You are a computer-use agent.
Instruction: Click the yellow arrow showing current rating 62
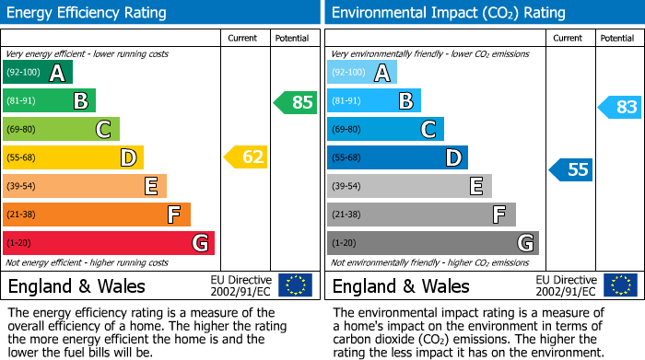(x=246, y=157)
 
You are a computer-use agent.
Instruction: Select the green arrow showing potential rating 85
(x=295, y=102)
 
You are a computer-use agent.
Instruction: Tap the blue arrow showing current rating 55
(x=570, y=169)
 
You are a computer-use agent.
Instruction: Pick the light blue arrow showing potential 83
(x=619, y=108)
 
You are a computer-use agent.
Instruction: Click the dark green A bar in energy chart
(x=37, y=73)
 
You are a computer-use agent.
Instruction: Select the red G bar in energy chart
(x=108, y=243)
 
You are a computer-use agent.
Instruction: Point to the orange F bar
(x=96, y=215)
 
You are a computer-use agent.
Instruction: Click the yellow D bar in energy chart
(x=73, y=157)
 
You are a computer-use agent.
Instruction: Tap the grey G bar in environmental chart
(x=432, y=243)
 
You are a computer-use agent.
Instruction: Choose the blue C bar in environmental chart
(x=385, y=129)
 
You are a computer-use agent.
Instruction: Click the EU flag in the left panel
(x=295, y=285)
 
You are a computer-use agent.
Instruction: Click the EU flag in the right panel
(x=620, y=285)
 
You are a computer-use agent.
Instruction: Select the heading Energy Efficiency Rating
(x=88, y=13)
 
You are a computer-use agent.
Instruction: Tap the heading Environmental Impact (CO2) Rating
(x=448, y=13)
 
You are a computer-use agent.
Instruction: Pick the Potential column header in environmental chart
(x=617, y=38)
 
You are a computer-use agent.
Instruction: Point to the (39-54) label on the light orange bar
(x=21, y=186)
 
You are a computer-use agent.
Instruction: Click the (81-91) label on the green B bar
(x=21, y=101)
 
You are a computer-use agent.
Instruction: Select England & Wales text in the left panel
(x=76, y=285)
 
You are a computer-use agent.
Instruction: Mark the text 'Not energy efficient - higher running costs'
(x=87, y=262)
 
